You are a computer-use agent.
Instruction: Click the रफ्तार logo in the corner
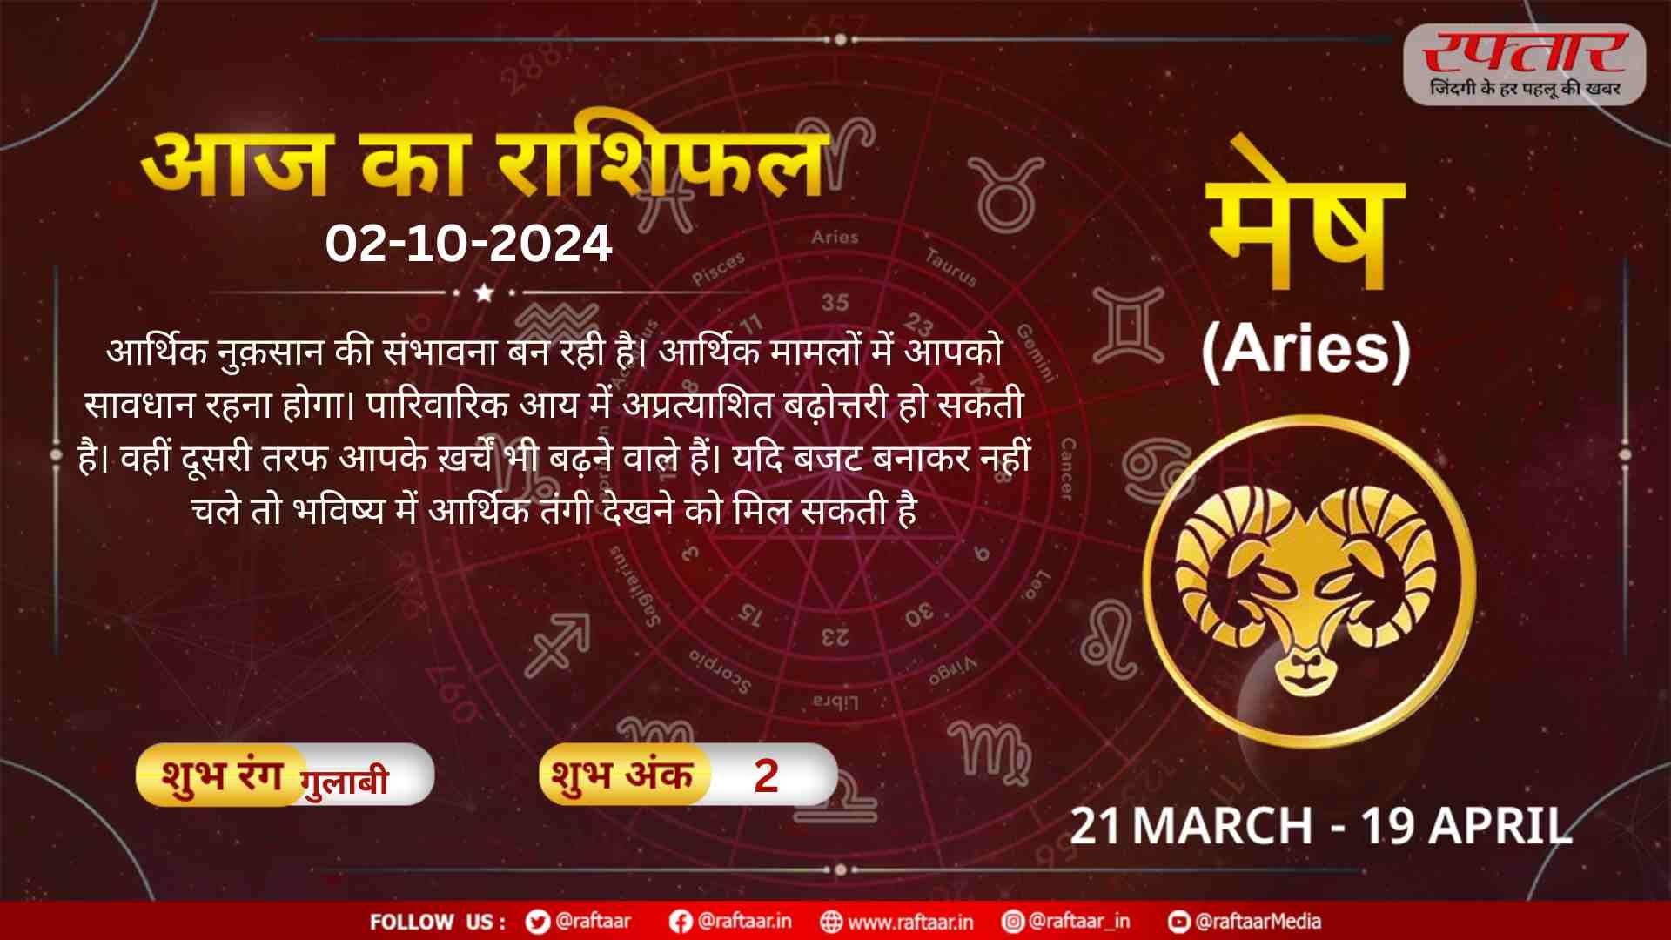(1525, 64)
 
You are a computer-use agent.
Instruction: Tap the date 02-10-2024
(468, 244)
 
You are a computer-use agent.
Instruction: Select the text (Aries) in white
(1305, 350)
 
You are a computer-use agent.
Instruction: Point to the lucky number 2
(766, 775)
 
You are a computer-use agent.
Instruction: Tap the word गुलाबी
(344, 782)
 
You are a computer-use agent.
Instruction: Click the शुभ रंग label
(222, 775)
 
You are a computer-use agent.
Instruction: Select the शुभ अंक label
(622, 775)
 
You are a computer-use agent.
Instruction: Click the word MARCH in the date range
(1222, 825)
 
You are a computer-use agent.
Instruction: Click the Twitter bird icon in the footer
(538, 922)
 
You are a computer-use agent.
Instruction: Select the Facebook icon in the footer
(681, 922)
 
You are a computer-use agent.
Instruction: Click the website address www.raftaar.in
(910, 922)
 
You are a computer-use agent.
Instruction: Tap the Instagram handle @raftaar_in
(1079, 921)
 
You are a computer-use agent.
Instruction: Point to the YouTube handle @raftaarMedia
(1258, 921)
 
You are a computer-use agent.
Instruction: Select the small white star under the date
(484, 293)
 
